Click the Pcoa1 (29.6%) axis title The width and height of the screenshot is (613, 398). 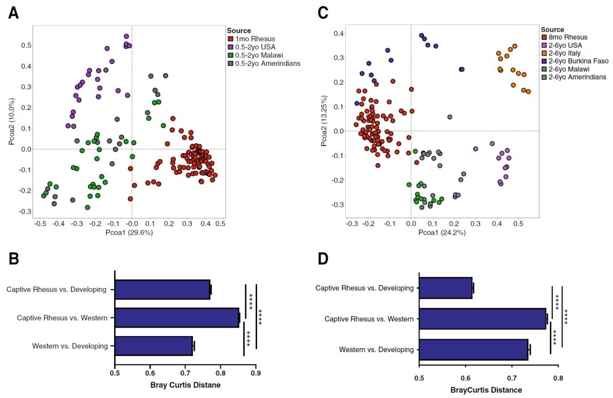pyautogui.click(x=129, y=232)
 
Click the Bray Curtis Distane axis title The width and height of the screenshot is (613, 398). pyautogui.click(x=185, y=386)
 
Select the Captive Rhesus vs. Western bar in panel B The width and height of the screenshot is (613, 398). pyautogui.click(x=177, y=317)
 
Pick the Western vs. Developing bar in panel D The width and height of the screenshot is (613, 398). pyautogui.click(x=474, y=349)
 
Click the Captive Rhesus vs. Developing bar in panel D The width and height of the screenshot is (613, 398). pyautogui.click(x=446, y=288)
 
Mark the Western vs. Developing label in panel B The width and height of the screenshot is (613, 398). pyautogui.click(x=70, y=345)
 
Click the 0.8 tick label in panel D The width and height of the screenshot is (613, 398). pyautogui.click(x=559, y=377)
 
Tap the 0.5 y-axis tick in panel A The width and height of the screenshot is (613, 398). pyautogui.click(x=26, y=45)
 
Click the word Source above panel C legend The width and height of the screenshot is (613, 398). pyautogui.click(x=552, y=29)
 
